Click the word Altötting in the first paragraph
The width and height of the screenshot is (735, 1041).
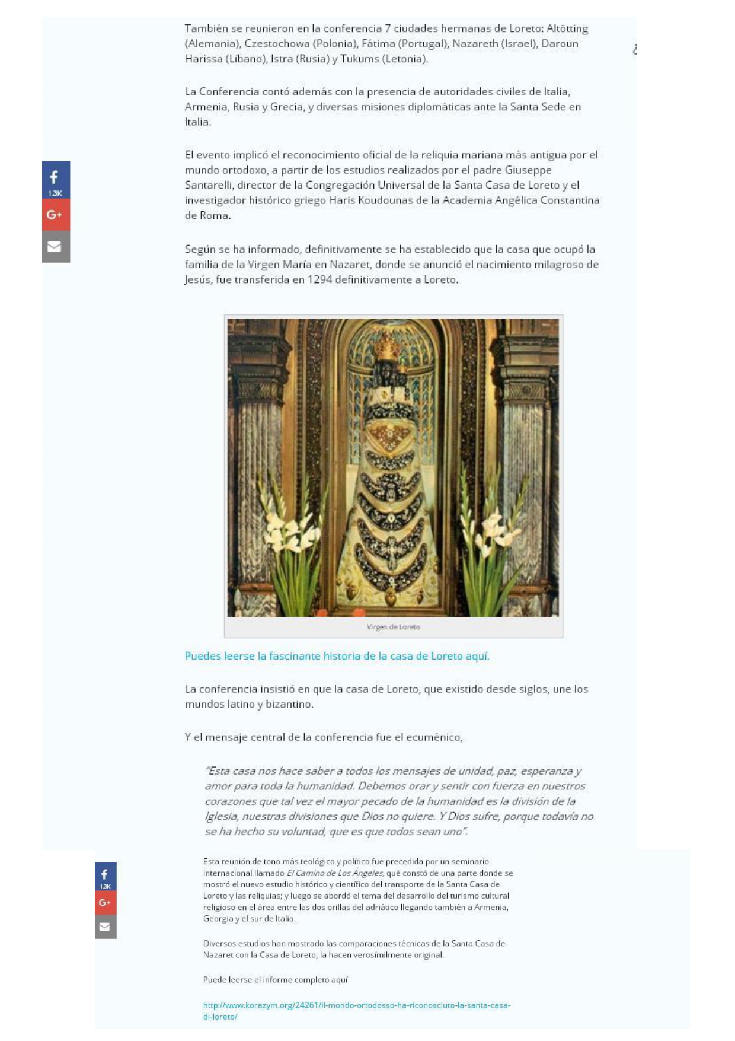(567, 28)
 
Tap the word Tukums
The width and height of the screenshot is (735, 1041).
(359, 59)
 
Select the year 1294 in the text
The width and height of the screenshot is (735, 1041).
(319, 279)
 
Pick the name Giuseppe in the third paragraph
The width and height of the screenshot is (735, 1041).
(528, 170)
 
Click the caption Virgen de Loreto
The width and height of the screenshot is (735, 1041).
(393, 627)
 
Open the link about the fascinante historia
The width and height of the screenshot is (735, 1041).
(337, 656)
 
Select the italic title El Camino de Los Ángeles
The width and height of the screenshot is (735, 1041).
(335, 873)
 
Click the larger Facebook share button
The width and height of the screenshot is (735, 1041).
(56, 180)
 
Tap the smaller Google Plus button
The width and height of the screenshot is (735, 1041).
(106, 903)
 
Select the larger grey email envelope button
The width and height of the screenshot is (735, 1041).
(56, 247)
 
